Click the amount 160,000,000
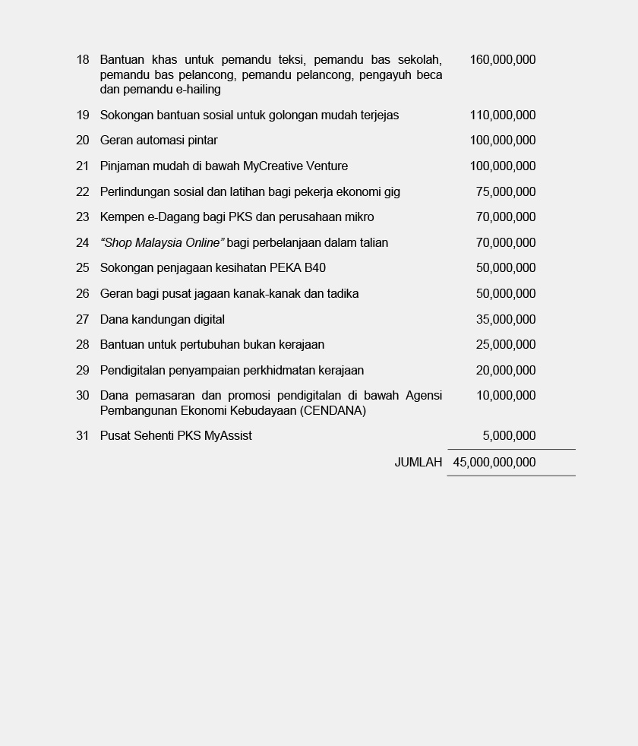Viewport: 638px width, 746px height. point(503,59)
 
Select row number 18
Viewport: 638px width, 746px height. point(83,59)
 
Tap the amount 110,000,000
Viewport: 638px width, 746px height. point(503,115)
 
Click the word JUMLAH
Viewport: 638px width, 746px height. point(418,462)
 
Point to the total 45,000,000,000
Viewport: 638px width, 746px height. point(494,462)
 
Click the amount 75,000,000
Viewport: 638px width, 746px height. point(506,191)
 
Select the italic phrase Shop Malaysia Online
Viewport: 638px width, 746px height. point(162,243)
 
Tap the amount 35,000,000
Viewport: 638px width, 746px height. point(506,320)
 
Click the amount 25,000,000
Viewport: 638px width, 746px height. point(506,345)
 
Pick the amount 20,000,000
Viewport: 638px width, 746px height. point(506,371)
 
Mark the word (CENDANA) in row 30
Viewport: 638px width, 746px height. point(333,411)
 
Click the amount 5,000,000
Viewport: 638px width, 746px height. point(509,436)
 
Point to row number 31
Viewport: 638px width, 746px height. point(83,436)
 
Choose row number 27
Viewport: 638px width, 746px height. point(83,320)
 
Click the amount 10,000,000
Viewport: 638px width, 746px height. point(506,396)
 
